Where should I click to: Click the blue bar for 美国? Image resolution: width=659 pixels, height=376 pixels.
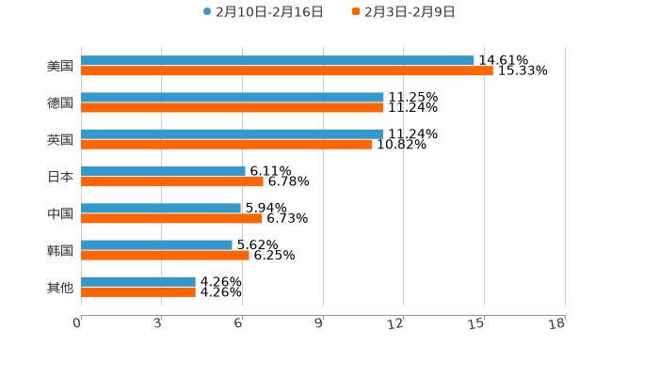(x=278, y=60)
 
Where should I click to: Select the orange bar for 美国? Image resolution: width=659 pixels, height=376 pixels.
(x=287, y=71)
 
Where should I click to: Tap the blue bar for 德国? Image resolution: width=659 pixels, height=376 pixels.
(x=233, y=97)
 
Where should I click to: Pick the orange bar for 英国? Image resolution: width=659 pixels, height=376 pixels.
(x=226, y=145)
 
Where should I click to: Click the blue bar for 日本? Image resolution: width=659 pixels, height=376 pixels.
(x=163, y=171)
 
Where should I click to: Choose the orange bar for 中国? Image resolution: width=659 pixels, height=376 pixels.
(x=171, y=218)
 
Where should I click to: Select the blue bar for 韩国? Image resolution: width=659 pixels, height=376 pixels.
(x=156, y=244)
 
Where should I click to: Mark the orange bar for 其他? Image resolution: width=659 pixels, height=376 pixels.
(x=138, y=292)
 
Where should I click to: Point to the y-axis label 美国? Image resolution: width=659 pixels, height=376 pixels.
(x=60, y=66)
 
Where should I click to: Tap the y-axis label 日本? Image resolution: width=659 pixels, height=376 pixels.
(x=60, y=177)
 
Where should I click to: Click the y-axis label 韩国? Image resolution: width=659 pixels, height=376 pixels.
(x=60, y=250)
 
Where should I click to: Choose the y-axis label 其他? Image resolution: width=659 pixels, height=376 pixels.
(x=60, y=287)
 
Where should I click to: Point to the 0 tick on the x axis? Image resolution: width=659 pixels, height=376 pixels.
(x=77, y=324)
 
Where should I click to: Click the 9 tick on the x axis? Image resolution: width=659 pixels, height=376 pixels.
(x=319, y=324)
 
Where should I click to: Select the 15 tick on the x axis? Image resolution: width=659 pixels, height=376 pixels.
(x=476, y=324)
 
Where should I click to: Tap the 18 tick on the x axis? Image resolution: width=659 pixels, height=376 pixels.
(x=557, y=324)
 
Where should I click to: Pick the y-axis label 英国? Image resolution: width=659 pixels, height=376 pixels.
(x=60, y=139)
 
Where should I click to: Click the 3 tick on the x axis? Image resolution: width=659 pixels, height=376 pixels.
(x=158, y=324)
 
